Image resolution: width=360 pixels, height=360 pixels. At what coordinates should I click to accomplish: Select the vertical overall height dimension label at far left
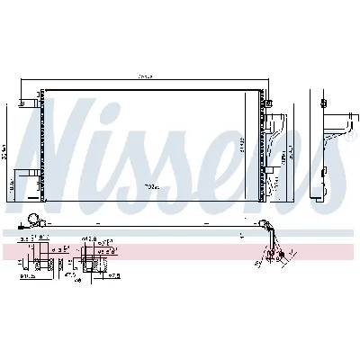tap(8, 144)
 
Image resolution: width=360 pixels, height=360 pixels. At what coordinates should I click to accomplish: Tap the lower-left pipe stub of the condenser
tap(34, 189)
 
